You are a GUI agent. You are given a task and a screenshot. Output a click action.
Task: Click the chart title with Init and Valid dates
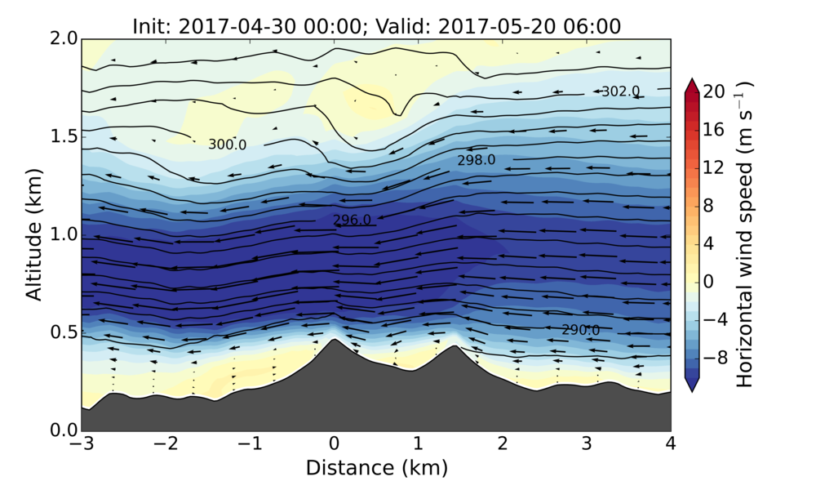376,26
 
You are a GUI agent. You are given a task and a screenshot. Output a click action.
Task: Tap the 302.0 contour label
620,91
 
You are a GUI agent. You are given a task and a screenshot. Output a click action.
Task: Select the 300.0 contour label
227,145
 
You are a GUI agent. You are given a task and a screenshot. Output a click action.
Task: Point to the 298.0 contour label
476,160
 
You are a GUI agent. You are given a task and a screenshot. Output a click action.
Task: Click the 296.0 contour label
353,220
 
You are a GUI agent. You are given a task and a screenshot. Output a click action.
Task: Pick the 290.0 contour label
580,330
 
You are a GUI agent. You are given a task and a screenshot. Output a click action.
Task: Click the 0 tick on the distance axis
334,445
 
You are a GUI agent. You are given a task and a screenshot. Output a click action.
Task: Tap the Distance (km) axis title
376,469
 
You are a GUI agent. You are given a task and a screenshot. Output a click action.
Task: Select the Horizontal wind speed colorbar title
745,235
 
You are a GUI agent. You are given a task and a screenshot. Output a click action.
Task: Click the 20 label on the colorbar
714,92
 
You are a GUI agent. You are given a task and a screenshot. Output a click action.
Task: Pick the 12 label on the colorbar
714,167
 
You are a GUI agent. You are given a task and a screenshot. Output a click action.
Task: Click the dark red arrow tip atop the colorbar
693,83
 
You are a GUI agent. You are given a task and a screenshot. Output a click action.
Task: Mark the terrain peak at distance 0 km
334,340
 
